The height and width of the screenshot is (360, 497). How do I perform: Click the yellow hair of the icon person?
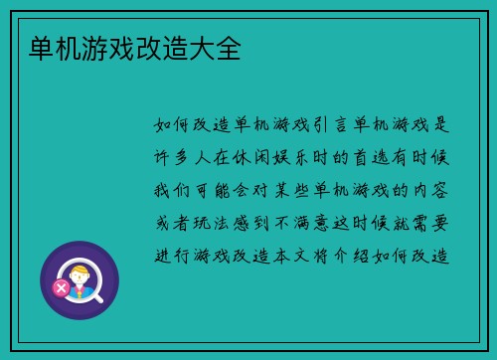(x=81, y=269)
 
